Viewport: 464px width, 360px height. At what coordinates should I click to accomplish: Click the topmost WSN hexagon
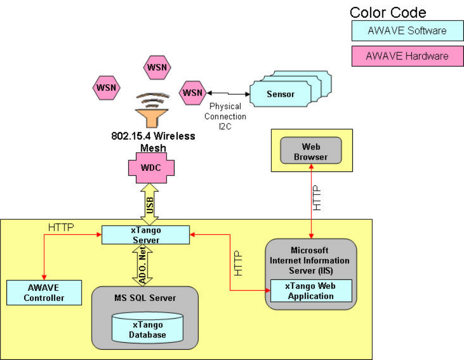[157, 68]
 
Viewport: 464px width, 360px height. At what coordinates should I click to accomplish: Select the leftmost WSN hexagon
[106, 88]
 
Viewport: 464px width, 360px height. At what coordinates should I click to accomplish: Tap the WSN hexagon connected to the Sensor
[192, 92]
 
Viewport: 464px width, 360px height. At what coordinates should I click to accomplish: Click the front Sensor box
[281, 94]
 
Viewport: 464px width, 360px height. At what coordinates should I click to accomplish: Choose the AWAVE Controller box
[44, 293]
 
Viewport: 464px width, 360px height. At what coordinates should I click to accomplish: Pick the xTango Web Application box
[310, 291]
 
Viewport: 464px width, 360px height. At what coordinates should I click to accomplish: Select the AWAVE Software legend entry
[407, 31]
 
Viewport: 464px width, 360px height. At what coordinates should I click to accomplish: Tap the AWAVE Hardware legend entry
[407, 55]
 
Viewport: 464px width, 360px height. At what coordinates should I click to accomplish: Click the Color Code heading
[388, 12]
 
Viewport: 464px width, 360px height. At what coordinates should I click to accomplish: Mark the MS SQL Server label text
[145, 298]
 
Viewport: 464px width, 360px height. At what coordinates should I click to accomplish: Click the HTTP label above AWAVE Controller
[61, 227]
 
